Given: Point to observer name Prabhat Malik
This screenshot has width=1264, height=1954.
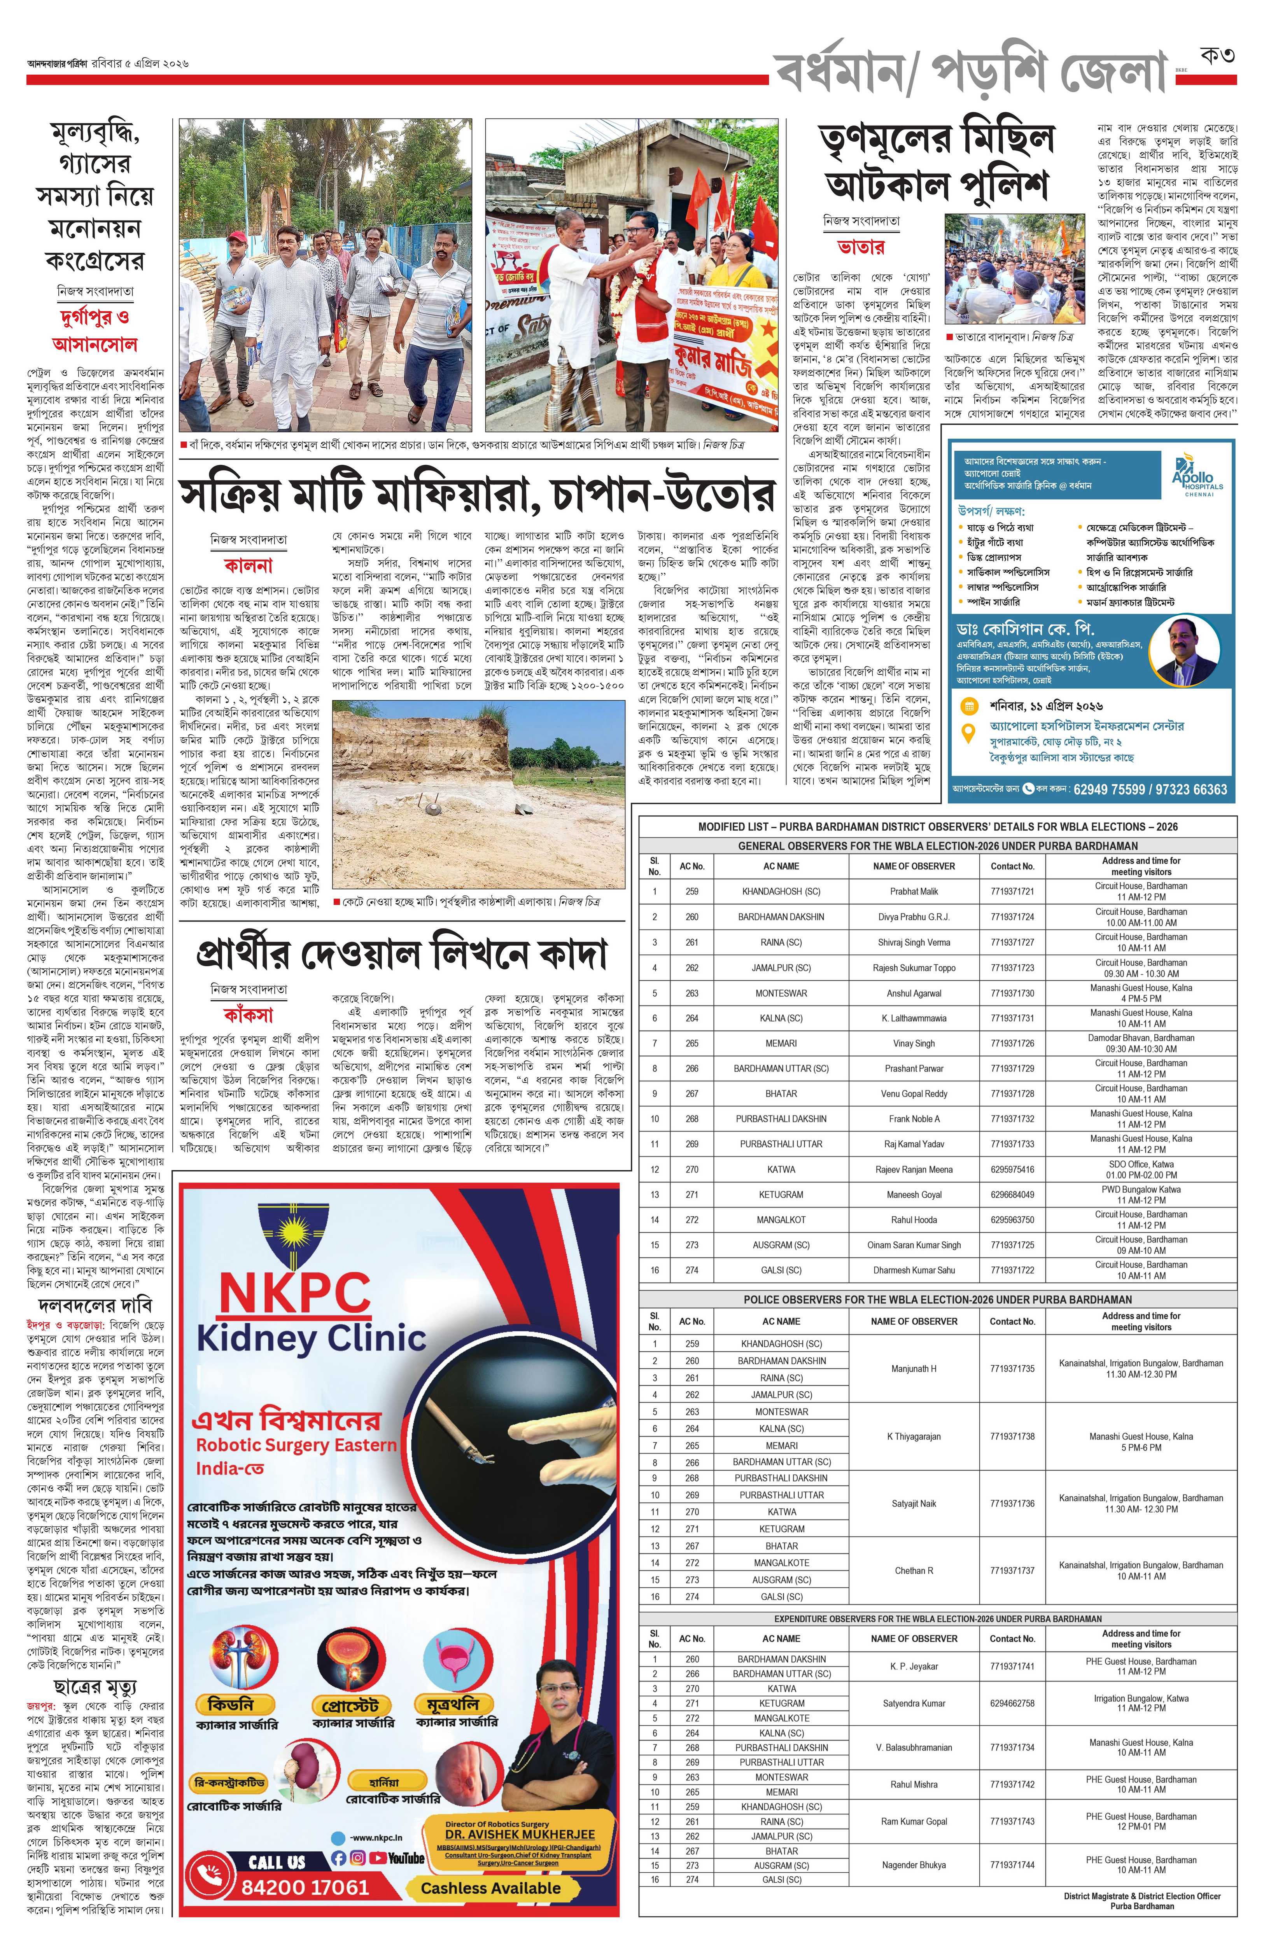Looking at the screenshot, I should pyautogui.click(x=914, y=891).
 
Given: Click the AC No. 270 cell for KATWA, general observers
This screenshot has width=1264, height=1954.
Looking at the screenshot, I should pyautogui.click(x=692, y=1169).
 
